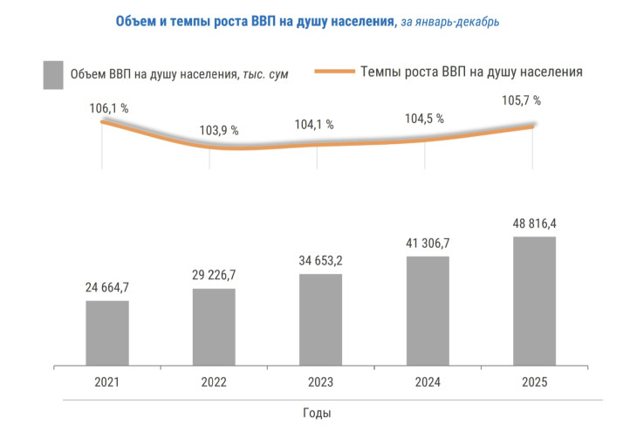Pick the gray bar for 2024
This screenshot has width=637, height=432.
pyautogui.click(x=428, y=312)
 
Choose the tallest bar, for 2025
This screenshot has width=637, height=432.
pyautogui.click(x=534, y=302)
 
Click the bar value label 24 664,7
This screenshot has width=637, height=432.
pyautogui.click(x=107, y=287)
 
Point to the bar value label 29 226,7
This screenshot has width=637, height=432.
pyautogui.click(x=214, y=275)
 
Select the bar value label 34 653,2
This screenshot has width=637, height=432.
pyautogui.click(x=320, y=260)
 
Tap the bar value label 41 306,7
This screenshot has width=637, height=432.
pyautogui.click(x=428, y=243)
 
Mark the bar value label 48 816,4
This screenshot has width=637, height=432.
pyautogui.click(x=534, y=223)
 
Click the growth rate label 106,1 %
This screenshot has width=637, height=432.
pyautogui.click(x=109, y=108)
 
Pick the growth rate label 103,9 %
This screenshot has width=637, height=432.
pyautogui.click(x=219, y=130)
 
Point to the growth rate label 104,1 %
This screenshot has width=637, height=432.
pyautogui.click(x=314, y=124)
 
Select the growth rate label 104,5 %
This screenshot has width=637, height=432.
pyautogui.click(x=424, y=119)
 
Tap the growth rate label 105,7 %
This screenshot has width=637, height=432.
pyautogui.click(x=521, y=100)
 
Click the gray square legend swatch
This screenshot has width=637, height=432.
pyautogui.click(x=53, y=74)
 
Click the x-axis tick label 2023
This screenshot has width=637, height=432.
pyautogui.click(x=320, y=383)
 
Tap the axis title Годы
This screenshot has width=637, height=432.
pyautogui.click(x=317, y=412)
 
